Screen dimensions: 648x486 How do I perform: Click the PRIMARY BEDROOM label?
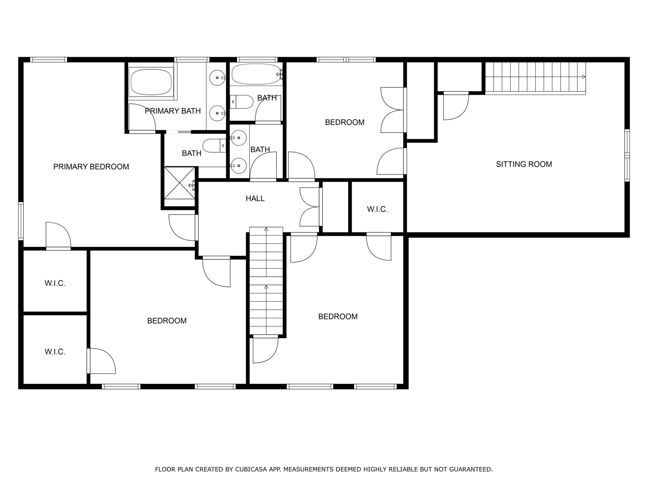pyautogui.click(x=91, y=167)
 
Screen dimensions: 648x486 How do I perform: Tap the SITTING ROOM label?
pyautogui.click(x=524, y=164)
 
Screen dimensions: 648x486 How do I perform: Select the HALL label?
pyautogui.click(x=255, y=198)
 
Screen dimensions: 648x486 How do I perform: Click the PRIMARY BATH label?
pyautogui.click(x=173, y=111)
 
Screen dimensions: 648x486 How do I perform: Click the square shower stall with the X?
pyautogui.click(x=180, y=183)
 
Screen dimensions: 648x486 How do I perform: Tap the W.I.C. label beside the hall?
pyautogui.click(x=377, y=209)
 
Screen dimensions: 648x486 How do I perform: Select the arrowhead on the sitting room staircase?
pyautogui.click(x=584, y=77)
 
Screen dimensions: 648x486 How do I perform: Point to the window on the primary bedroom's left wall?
pyautogui.click(x=21, y=221)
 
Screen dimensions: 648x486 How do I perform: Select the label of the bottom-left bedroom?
pyautogui.click(x=167, y=321)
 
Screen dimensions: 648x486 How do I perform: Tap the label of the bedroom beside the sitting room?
pyautogui.click(x=345, y=122)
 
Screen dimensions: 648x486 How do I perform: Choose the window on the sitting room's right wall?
pyautogui.click(x=627, y=155)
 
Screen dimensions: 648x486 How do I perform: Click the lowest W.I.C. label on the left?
pyautogui.click(x=55, y=352)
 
